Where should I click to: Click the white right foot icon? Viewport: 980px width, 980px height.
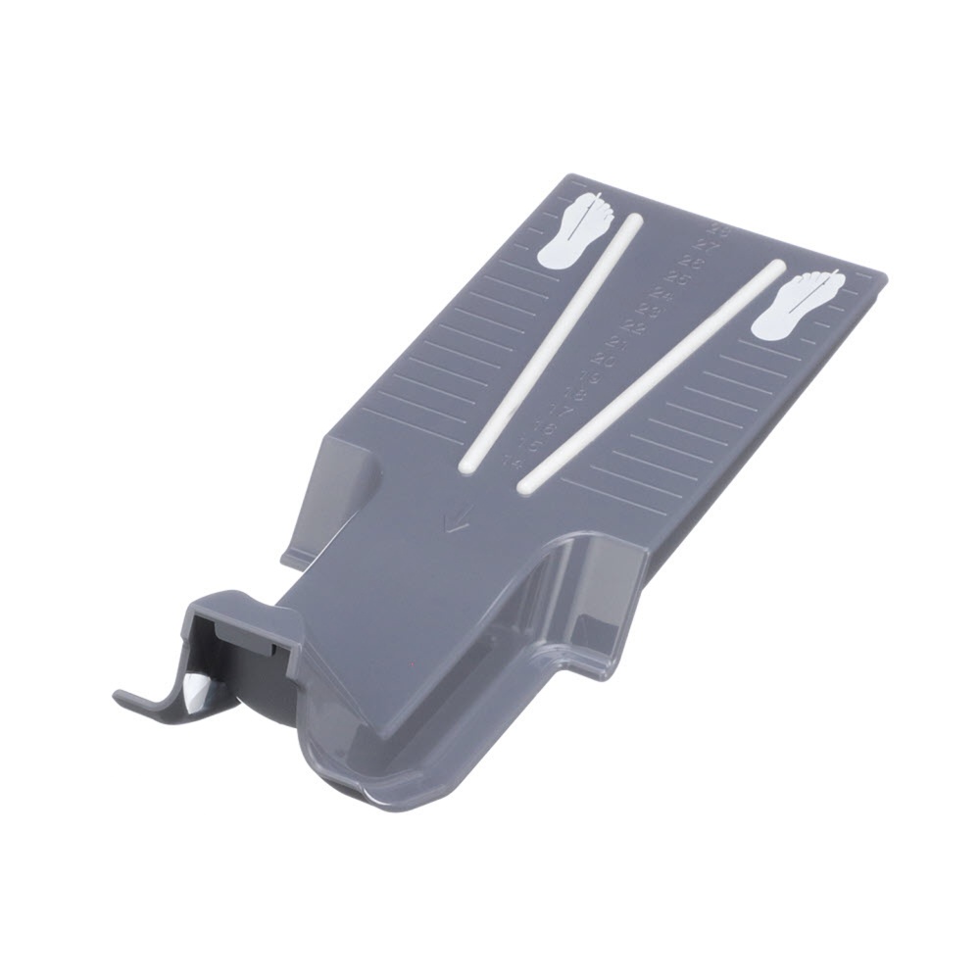pos(799,306)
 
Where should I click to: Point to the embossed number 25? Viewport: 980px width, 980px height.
pos(678,280)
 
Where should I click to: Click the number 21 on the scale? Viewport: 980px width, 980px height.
pos(617,344)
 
